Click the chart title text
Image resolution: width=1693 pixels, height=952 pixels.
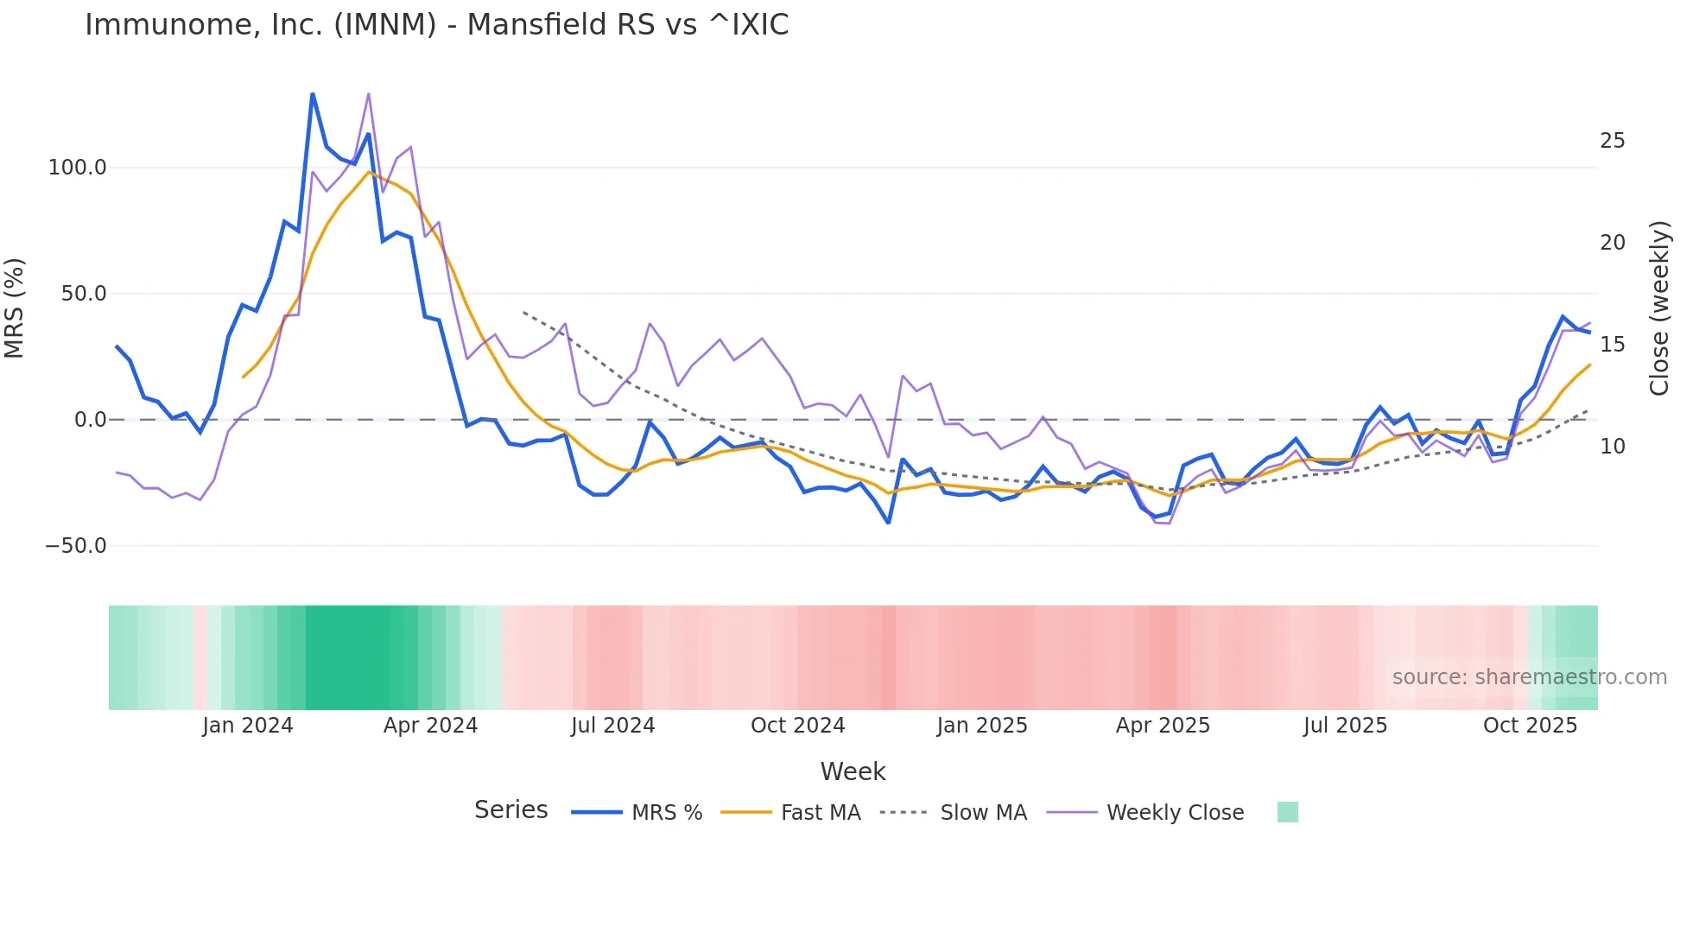pos(436,25)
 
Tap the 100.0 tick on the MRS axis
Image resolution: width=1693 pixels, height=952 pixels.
pos(77,168)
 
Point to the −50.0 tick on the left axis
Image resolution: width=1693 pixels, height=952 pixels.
pos(76,546)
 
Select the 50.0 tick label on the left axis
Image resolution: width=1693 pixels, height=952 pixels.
pos(83,294)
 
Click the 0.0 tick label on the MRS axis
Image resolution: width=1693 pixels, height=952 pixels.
pos(90,420)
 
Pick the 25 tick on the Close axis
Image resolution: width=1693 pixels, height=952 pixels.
pos(1612,141)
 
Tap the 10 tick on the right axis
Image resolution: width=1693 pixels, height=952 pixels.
pos(1612,447)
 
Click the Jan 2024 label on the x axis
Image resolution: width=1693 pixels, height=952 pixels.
pos(248,726)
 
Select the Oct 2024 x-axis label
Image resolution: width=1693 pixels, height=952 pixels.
pos(797,726)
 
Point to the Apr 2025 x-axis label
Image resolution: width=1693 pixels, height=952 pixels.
pos(1163,726)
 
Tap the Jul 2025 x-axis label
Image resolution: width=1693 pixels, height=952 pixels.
pos(1345,726)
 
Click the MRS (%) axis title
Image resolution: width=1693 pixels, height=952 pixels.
pos(15,308)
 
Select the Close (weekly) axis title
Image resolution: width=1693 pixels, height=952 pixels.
pos(1659,308)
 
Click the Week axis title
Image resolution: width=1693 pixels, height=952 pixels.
pos(853,771)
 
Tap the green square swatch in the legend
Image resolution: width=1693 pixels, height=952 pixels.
pos(1287,812)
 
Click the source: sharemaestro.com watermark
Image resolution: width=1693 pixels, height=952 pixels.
pos(1529,677)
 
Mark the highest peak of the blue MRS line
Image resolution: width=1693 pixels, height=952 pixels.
pos(313,93)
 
